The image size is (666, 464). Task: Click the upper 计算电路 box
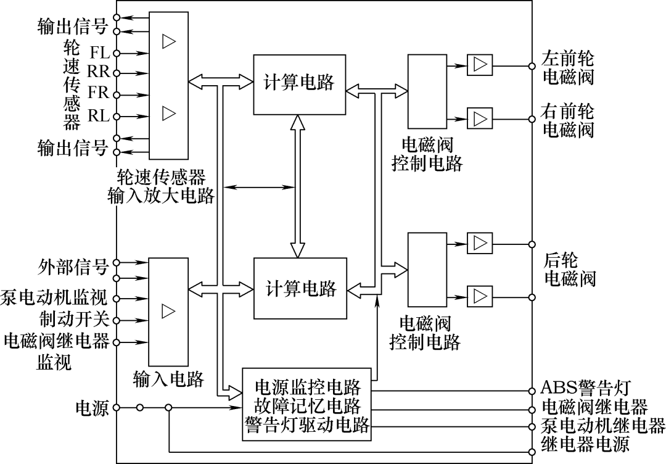(x=298, y=84)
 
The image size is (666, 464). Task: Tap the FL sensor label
(x=99, y=52)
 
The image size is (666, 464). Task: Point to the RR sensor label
(x=98, y=72)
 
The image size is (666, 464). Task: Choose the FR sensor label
(x=98, y=93)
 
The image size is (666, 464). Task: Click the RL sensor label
(x=99, y=115)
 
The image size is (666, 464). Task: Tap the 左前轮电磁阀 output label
(x=567, y=67)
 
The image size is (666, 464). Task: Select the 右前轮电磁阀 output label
(x=567, y=121)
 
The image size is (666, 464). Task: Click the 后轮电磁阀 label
(x=569, y=268)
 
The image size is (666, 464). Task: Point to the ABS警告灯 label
(x=585, y=389)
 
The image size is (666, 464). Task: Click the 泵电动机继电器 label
(x=603, y=426)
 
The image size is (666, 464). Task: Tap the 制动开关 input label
(x=72, y=320)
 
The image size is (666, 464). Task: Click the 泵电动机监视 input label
(x=55, y=299)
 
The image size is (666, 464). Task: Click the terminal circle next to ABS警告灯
(x=532, y=391)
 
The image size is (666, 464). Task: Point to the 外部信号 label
(x=72, y=268)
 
